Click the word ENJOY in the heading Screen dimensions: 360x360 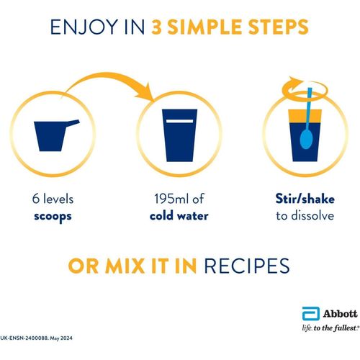click(84, 27)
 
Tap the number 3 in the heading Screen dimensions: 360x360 click(157, 27)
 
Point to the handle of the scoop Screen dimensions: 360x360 click(73, 123)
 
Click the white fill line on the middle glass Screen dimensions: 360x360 click(179, 121)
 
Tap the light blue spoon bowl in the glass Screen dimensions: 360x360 click(306, 139)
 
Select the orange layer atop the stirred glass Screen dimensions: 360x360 click(305, 116)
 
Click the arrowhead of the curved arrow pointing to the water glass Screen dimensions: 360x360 click(145, 93)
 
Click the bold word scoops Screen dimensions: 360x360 click(53, 216)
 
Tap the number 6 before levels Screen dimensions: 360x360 click(36, 199)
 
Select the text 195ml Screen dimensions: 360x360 click(170, 199)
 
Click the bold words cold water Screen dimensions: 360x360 click(179, 215)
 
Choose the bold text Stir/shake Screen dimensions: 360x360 click(305, 199)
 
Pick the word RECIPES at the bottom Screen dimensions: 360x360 click(247, 266)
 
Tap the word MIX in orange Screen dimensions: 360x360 click(125, 266)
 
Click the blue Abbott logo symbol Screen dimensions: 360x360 click(311, 313)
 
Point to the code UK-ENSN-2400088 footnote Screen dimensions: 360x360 click(24, 338)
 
